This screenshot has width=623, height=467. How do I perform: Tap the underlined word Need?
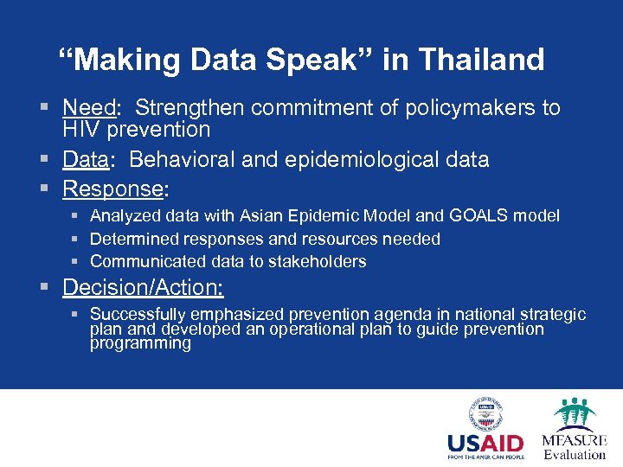pos(90,108)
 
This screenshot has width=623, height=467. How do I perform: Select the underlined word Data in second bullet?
pos(85,160)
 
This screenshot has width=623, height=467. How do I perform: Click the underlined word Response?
pos(112,189)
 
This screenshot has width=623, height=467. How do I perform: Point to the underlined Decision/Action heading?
pos(144,287)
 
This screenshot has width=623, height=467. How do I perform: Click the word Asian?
pos(264,215)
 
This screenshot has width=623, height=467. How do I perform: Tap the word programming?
pos(140,343)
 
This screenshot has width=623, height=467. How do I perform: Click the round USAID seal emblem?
pos(485,413)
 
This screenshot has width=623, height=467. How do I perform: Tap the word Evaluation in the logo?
pos(575,454)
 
